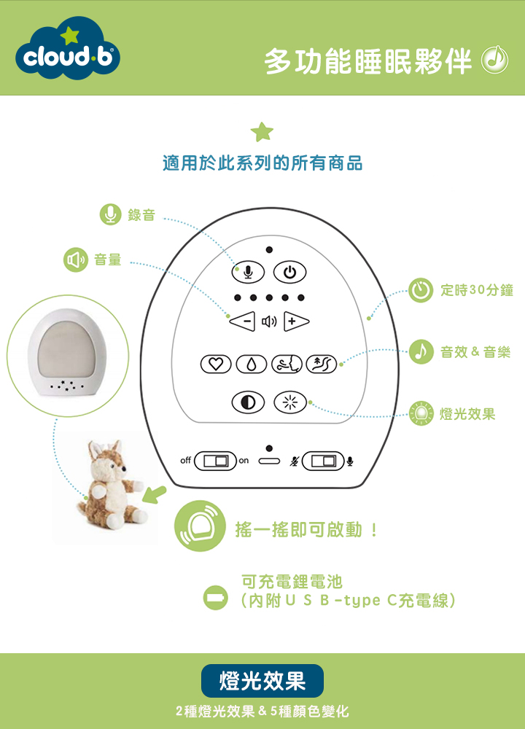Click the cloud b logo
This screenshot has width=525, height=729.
pyautogui.click(x=68, y=49)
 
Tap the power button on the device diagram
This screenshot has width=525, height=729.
pyautogui.click(x=289, y=272)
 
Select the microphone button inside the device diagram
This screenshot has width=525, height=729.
pyautogui.click(x=249, y=272)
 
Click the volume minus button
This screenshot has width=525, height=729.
pyautogui.click(x=243, y=321)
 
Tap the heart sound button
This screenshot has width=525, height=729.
pyautogui.click(x=216, y=364)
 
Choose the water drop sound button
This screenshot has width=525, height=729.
pyautogui.click(x=251, y=364)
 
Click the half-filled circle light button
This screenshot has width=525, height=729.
pyautogui.click(x=249, y=402)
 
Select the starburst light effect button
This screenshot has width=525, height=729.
pyautogui.click(x=290, y=402)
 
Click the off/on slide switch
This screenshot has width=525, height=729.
pyautogui.click(x=215, y=461)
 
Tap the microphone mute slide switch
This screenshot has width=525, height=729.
pyautogui.click(x=323, y=461)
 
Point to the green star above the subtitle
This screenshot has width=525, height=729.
pyautogui.click(x=262, y=131)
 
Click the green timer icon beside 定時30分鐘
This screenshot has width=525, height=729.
pyautogui.click(x=421, y=290)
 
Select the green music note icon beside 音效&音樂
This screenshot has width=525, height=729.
pyautogui.click(x=421, y=352)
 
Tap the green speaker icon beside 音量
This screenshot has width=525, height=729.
pyautogui.click(x=76, y=260)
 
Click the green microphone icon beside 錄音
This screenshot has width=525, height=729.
pyautogui.click(x=111, y=214)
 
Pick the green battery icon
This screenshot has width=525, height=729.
pyautogui.click(x=215, y=598)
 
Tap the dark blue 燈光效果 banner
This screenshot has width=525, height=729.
pyautogui.click(x=262, y=681)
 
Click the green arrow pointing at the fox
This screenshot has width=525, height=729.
pyautogui.click(x=154, y=494)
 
